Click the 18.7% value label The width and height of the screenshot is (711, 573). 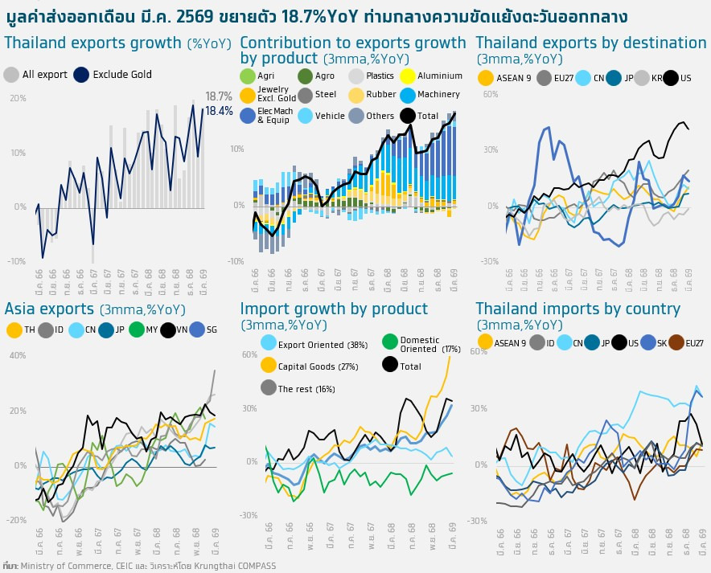[218, 96]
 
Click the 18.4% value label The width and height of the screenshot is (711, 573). [218, 111]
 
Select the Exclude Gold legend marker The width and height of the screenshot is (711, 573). [81, 75]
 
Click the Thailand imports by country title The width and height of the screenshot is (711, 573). [577, 309]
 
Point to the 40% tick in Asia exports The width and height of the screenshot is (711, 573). [16, 355]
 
